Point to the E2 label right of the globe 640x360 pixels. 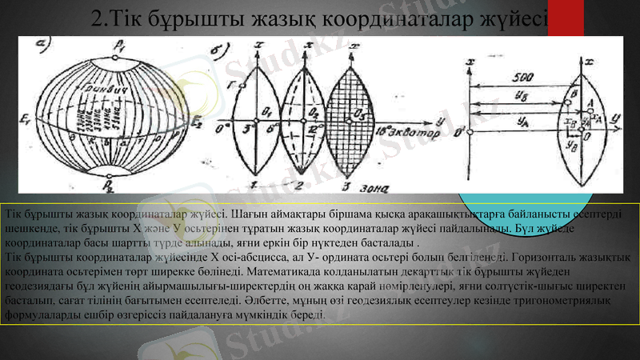coord(197,120)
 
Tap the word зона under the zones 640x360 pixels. coord(374,190)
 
